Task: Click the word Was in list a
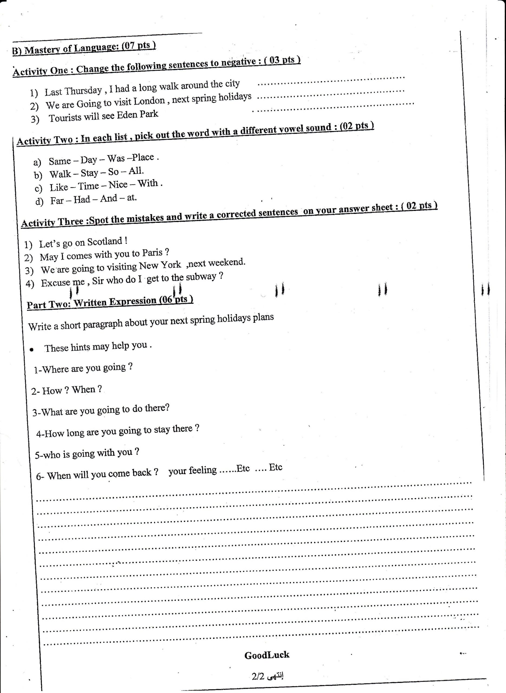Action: point(116,159)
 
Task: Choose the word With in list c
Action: point(148,184)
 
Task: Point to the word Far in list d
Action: point(57,201)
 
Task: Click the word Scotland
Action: point(105,242)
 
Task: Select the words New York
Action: point(160,265)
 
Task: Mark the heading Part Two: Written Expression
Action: point(110,302)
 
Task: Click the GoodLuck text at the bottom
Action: point(266,655)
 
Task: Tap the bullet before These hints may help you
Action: point(32,349)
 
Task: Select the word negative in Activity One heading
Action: point(238,62)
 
